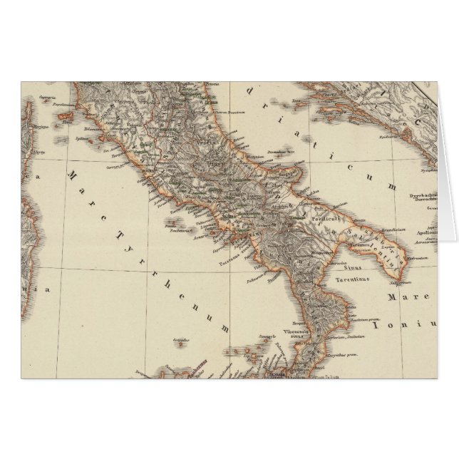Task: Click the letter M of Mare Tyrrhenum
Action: (x=71, y=173)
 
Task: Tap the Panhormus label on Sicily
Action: (x=178, y=370)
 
